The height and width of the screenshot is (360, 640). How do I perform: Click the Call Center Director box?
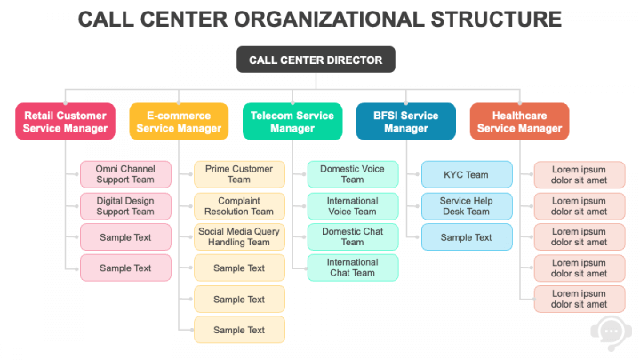pyautogui.click(x=316, y=60)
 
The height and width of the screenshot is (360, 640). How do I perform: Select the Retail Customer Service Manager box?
pyautogui.click(x=65, y=122)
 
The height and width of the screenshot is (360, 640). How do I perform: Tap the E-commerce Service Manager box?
pyautogui.click(x=179, y=122)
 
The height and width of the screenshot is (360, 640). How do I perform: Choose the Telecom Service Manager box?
pyautogui.click(x=292, y=122)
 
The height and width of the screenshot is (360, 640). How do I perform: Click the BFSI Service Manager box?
pyautogui.click(x=406, y=122)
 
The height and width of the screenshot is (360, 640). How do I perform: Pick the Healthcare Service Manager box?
pyautogui.click(x=519, y=122)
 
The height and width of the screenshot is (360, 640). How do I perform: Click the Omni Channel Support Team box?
pyautogui.click(x=125, y=174)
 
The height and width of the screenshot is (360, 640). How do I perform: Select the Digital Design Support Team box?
pyautogui.click(x=125, y=206)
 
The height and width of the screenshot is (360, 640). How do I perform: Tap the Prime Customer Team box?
pyautogui.click(x=239, y=174)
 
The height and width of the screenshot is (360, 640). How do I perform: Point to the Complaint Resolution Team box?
pyautogui.click(x=239, y=206)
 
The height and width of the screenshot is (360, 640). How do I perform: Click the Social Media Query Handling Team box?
pyautogui.click(x=239, y=236)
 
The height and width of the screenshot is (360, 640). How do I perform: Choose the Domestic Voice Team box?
pyautogui.click(x=353, y=174)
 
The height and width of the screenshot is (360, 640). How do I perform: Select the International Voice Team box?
pyautogui.click(x=353, y=206)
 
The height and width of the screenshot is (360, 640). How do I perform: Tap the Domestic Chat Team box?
pyautogui.click(x=353, y=236)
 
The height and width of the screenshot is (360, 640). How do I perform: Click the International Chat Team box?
pyautogui.click(x=353, y=268)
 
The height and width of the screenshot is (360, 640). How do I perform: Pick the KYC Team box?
pyautogui.click(x=467, y=175)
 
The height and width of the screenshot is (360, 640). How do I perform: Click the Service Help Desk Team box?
pyautogui.click(x=467, y=206)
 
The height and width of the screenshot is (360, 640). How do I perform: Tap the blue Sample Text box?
pyautogui.click(x=467, y=237)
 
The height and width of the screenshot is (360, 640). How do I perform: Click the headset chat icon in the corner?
pyautogui.click(x=611, y=330)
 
